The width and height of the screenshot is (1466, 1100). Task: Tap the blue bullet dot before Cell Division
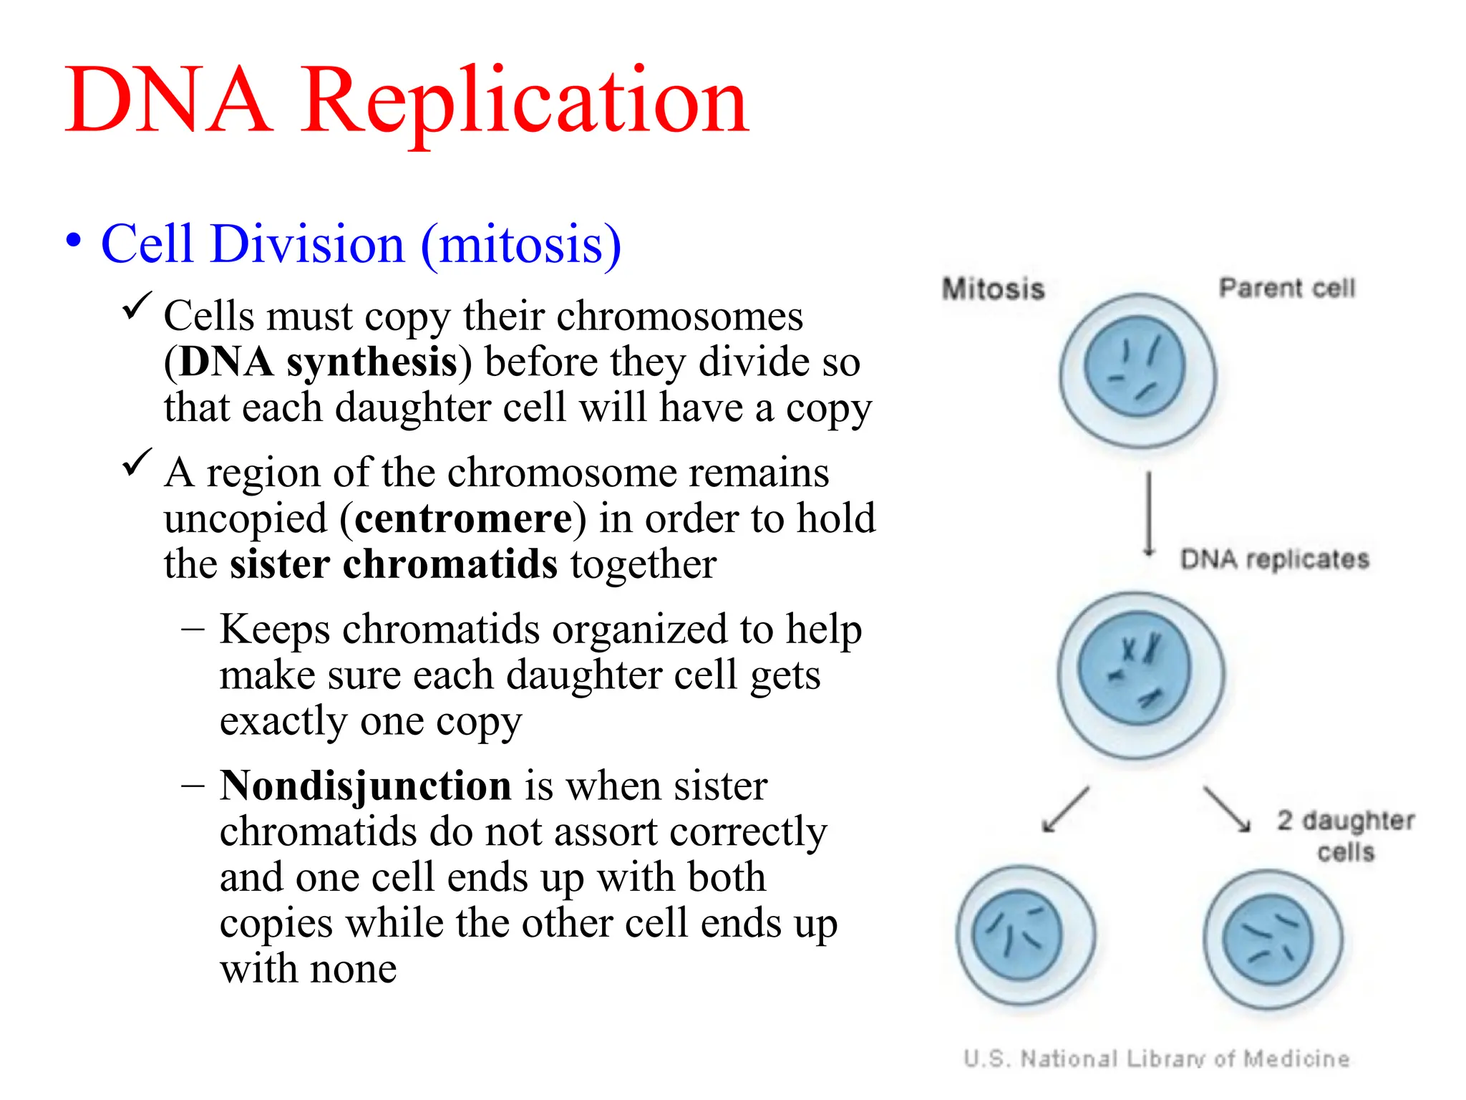[x=74, y=241]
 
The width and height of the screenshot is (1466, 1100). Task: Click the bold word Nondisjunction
[x=366, y=786]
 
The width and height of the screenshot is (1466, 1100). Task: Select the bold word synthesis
[x=372, y=362]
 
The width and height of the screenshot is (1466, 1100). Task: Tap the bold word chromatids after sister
[x=450, y=564]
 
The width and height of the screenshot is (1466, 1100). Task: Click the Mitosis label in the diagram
[x=993, y=289]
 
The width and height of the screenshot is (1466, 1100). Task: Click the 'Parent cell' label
[x=1286, y=288]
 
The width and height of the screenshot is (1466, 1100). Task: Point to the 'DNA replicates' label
[x=1274, y=559]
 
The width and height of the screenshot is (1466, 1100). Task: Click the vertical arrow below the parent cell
[x=1149, y=513]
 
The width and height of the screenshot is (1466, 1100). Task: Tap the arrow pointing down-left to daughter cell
[x=1066, y=809]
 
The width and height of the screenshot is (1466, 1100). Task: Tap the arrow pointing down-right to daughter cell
[x=1227, y=809]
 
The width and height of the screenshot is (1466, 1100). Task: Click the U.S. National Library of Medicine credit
[x=1156, y=1058]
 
